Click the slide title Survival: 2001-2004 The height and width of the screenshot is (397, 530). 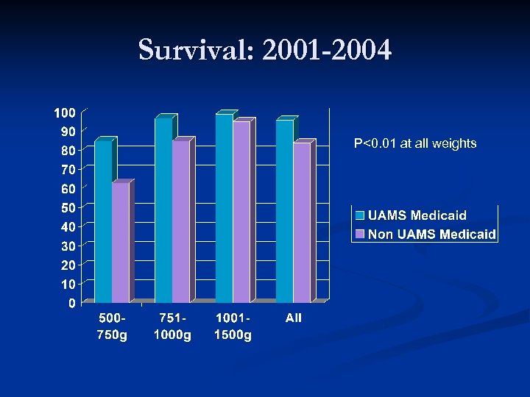(x=265, y=51)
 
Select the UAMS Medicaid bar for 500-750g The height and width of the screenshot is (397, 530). (x=103, y=221)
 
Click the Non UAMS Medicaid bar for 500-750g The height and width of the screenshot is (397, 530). (x=121, y=243)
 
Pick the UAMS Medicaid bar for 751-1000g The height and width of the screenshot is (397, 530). (x=163, y=210)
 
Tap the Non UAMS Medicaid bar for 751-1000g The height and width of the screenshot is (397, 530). (x=181, y=221)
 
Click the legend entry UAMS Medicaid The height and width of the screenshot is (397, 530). (x=417, y=215)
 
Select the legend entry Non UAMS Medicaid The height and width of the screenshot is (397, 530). (x=431, y=235)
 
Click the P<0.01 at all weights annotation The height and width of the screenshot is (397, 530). (x=415, y=143)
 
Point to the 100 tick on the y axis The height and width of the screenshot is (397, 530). (x=64, y=112)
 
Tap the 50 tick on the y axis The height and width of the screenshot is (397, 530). (x=68, y=208)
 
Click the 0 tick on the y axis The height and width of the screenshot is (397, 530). (x=71, y=303)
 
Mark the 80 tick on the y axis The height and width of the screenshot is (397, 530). (x=68, y=151)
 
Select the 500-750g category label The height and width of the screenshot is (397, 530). (x=112, y=326)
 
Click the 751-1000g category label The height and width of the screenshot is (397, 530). (x=172, y=326)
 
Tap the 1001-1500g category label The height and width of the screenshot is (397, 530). (x=233, y=326)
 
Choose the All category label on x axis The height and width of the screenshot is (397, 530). (x=294, y=318)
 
